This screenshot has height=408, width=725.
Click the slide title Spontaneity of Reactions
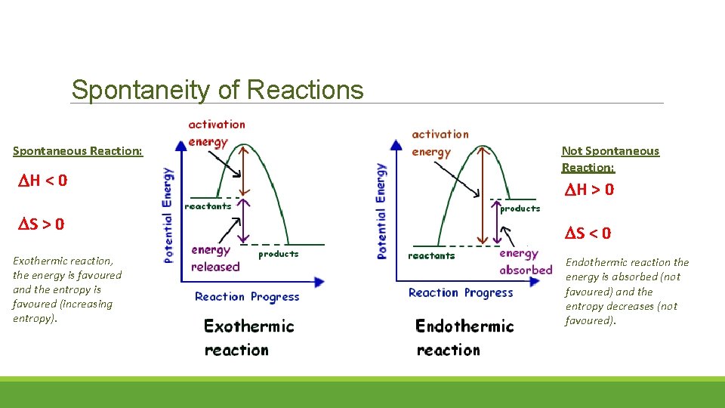[x=217, y=90]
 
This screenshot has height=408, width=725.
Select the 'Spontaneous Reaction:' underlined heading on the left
[x=77, y=151]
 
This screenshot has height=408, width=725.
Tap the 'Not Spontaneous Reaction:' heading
[x=609, y=159]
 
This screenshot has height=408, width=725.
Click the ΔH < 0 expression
[x=42, y=181]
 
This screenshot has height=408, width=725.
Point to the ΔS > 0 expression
[x=41, y=224]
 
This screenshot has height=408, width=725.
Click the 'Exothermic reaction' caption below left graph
[x=248, y=337]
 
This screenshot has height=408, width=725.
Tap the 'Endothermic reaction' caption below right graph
[x=464, y=337]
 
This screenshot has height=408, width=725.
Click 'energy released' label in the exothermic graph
[x=215, y=258]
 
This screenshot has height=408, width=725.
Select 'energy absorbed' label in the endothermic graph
[x=525, y=261]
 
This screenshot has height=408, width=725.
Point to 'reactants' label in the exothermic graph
[x=208, y=206]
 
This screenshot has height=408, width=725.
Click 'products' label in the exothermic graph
[x=279, y=255]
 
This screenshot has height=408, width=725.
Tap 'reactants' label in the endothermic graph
[x=431, y=256]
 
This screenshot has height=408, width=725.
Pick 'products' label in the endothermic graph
[x=520, y=209]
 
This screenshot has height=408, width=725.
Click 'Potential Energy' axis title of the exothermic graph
[x=168, y=215]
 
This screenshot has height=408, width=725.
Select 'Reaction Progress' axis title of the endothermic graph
[x=461, y=293]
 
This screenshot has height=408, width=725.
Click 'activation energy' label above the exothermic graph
[x=217, y=133]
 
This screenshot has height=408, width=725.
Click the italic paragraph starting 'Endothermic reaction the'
[x=627, y=291]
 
